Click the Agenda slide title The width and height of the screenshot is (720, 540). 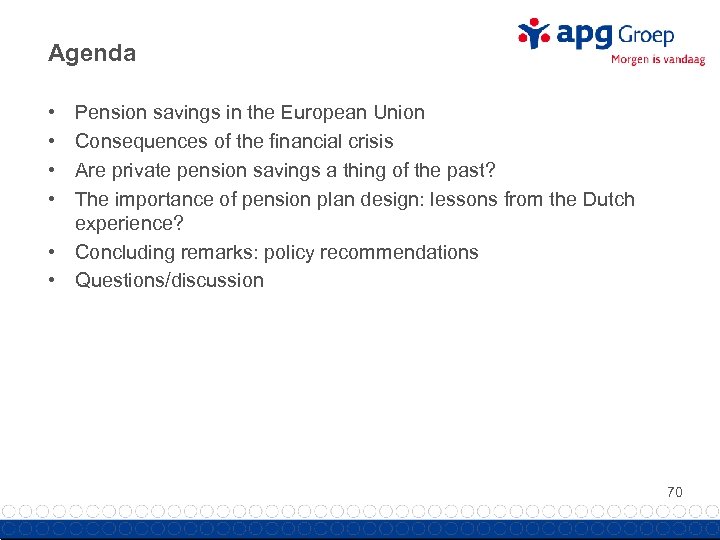click(92, 54)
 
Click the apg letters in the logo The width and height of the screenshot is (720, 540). click(585, 35)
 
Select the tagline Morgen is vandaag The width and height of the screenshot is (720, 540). click(657, 60)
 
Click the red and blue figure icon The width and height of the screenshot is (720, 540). click(534, 34)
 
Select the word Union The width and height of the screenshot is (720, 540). click(397, 113)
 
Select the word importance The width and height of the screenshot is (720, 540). click(158, 199)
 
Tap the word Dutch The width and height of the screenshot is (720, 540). click(609, 199)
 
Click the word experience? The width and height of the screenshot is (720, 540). click(128, 223)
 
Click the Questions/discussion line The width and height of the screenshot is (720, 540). click(169, 281)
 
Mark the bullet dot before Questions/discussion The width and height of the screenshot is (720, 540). click(52, 281)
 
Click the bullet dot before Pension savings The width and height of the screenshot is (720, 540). click(52, 113)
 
